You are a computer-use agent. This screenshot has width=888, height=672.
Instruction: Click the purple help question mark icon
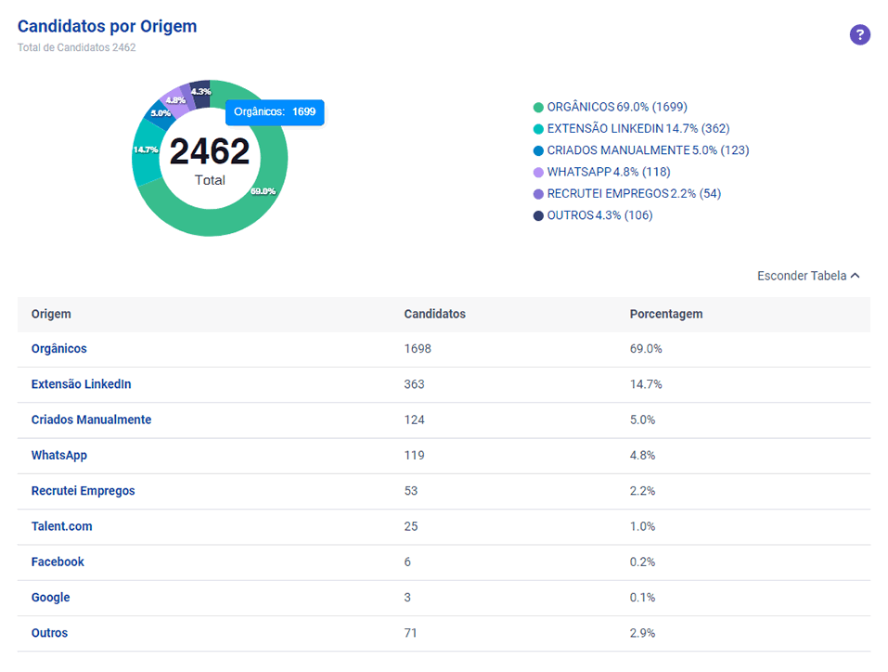(x=859, y=34)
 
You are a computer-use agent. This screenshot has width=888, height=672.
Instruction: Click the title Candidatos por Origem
(x=107, y=26)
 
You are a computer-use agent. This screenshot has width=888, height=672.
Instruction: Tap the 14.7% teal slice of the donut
(x=146, y=152)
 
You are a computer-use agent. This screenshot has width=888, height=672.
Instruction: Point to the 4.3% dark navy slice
(x=201, y=93)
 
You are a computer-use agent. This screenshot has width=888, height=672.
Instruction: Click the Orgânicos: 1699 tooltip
(x=275, y=112)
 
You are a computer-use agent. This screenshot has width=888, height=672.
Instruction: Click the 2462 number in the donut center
(x=210, y=151)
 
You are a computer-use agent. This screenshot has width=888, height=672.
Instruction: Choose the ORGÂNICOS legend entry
(x=611, y=107)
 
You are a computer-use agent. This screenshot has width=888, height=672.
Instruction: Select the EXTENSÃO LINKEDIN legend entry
(x=632, y=129)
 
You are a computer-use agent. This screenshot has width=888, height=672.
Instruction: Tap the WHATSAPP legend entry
(x=602, y=172)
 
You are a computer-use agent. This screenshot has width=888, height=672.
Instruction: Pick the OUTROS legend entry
(x=593, y=215)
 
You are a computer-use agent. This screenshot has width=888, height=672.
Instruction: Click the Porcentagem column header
(x=666, y=314)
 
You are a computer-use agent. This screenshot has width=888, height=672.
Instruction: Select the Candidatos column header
(x=434, y=314)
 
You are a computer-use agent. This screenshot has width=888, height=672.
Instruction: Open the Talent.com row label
(x=62, y=526)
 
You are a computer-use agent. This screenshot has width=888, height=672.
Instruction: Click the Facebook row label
(x=58, y=562)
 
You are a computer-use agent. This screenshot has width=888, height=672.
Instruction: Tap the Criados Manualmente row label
(x=91, y=420)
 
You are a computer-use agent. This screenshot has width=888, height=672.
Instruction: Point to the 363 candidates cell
(x=414, y=384)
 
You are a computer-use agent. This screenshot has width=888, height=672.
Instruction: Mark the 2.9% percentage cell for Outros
(x=642, y=633)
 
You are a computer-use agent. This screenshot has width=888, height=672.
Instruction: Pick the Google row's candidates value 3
(x=407, y=597)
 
